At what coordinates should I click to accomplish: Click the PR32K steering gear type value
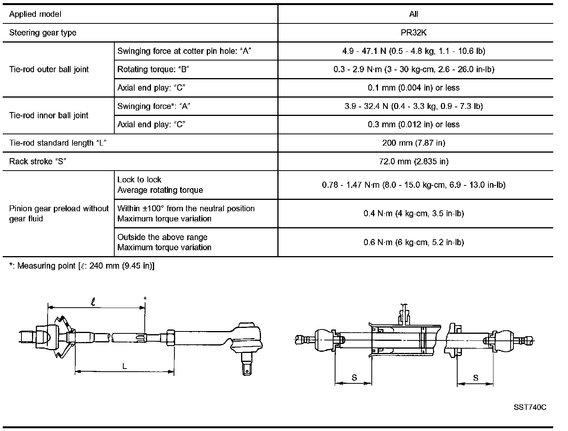pyautogui.click(x=414, y=33)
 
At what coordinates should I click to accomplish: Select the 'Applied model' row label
pyautogui.click(x=35, y=14)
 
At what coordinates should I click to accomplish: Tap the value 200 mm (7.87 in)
pyautogui.click(x=414, y=143)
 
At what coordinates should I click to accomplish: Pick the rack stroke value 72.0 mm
pyautogui.click(x=414, y=161)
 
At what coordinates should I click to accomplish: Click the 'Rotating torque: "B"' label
pyautogui.click(x=153, y=69)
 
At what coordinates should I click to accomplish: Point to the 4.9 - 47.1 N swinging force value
pyautogui.click(x=414, y=51)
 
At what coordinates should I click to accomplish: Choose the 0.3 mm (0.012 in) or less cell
pyautogui.click(x=414, y=125)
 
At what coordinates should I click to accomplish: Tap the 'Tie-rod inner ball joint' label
pyautogui.click(x=49, y=116)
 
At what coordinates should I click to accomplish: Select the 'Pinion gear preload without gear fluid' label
pyautogui.click(x=59, y=214)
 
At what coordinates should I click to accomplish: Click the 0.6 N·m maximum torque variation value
pyautogui.click(x=414, y=242)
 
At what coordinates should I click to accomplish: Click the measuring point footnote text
pyautogui.click(x=82, y=266)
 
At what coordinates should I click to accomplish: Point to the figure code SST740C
pyautogui.click(x=530, y=408)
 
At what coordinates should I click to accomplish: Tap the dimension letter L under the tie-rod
pyautogui.click(x=124, y=366)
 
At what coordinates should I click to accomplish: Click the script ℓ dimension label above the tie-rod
pyautogui.click(x=93, y=302)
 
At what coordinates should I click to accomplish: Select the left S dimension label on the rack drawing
pyautogui.click(x=354, y=378)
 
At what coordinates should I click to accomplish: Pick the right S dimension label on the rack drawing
pyautogui.click(x=476, y=378)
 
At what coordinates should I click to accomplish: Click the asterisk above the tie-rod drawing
pyautogui.click(x=145, y=299)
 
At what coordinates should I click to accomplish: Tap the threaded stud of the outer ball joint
pyautogui.click(x=246, y=365)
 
